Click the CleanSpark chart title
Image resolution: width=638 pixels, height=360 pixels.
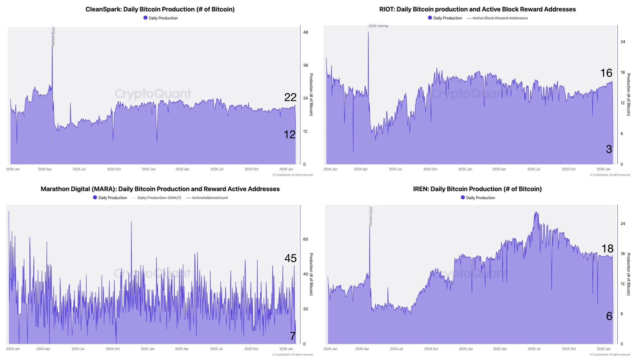[160, 9]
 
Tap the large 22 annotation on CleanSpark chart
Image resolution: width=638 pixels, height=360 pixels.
[290, 97]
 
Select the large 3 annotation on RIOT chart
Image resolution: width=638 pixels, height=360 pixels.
[609, 149]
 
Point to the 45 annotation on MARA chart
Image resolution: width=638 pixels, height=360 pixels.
[290, 258]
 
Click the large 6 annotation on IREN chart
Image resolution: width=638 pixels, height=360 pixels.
[609, 316]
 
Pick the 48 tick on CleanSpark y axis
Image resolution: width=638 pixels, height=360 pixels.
[305, 32]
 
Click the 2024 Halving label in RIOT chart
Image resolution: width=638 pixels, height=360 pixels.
[378, 26]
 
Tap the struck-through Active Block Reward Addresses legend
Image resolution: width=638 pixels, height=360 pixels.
[500, 18]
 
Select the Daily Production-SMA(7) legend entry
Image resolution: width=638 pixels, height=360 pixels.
[159, 198]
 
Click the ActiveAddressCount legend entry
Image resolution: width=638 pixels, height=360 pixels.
[210, 198]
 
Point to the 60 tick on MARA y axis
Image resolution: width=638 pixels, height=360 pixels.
[305, 239]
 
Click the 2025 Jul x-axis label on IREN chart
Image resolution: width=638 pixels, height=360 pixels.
[534, 349]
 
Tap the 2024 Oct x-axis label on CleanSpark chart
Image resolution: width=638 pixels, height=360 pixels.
[114, 169]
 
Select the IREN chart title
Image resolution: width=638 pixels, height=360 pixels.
[477, 189]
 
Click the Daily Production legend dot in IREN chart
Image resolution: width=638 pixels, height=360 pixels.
[463, 197]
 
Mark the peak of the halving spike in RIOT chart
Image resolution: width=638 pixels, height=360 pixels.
[368, 32]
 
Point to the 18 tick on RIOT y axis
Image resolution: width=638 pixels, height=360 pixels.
[622, 73]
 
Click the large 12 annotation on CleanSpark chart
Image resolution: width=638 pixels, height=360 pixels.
[289, 135]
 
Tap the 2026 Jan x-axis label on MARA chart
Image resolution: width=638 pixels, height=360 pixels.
[286, 349]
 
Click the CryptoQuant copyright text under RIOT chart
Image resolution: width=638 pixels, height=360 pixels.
[610, 175]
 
